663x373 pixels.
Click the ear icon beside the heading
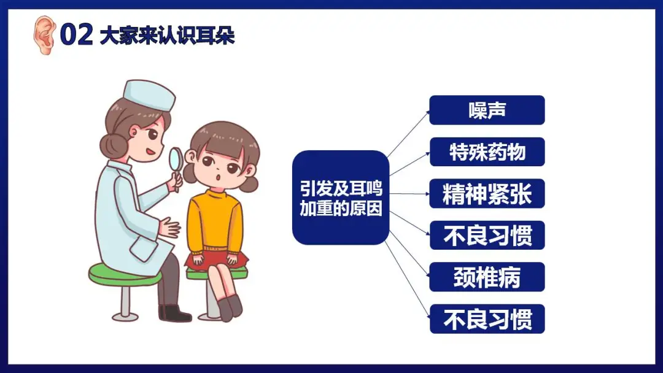click(x=44, y=35)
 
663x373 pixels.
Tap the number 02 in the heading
click(x=77, y=34)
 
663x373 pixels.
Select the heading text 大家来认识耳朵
click(x=168, y=36)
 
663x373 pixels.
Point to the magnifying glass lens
click(x=176, y=159)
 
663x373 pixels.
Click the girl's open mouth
click(x=218, y=177)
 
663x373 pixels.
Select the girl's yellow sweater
click(x=215, y=221)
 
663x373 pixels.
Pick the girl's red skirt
click(x=215, y=260)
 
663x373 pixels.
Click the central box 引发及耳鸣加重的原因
click(x=340, y=198)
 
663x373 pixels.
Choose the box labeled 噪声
click(x=487, y=110)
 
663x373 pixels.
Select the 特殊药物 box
click(x=487, y=152)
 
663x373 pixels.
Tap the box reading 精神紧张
click(x=487, y=193)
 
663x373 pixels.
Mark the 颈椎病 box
click(x=487, y=277)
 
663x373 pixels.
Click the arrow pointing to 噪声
click(x=408, y=134)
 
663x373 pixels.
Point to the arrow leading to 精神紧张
click(x=409, y=194)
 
